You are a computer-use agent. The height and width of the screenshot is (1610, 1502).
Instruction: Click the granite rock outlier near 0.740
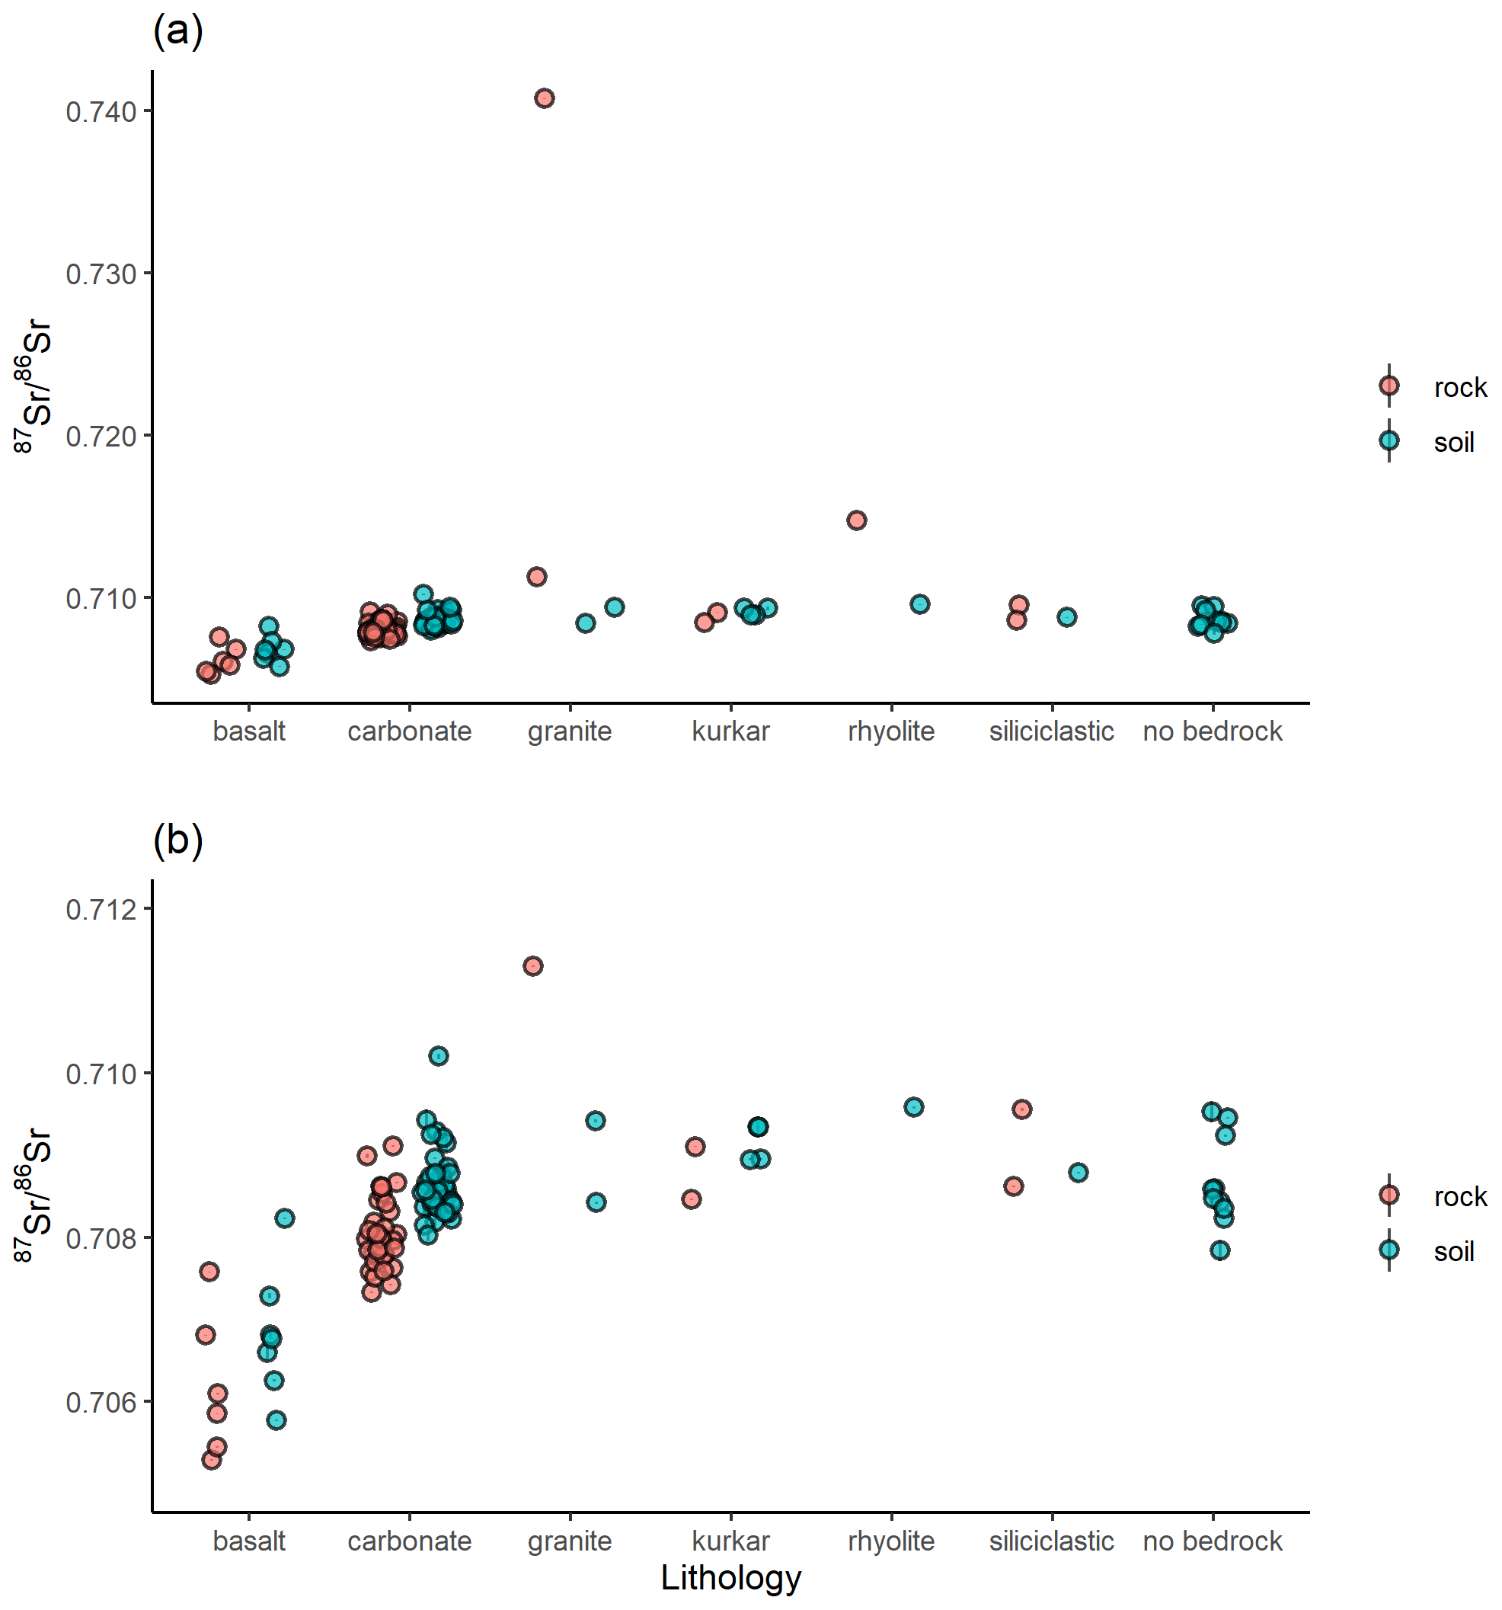pyautogui.click(x=544, y=99)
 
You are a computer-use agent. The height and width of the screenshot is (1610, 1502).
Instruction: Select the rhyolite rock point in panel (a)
pyautogui.click(x=857, y=520)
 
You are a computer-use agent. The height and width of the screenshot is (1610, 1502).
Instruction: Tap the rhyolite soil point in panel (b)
pyautogui.click(x=913, y=1107)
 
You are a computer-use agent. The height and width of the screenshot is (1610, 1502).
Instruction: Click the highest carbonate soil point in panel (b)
pyautogui.click(x=438, y=1056)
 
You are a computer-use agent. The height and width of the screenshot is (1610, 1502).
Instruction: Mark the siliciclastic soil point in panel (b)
pyautogui.click(x=1078, y=1173)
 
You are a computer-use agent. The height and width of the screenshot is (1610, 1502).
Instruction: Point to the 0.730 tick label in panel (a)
pyautogui.click(x=101, y=274)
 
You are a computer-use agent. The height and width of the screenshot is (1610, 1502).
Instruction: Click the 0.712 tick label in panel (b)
pyautogui.click(x=101, y=910)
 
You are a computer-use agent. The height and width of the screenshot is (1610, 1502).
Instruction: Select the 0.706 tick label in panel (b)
pyautogui.click(x=101, y=1403)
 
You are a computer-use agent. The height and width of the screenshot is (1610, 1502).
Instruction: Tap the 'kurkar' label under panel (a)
pyautogui.click(x=730, y=731)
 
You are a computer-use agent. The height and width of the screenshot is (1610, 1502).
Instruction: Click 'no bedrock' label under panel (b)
pyautogui.click(x=1212, y=1541)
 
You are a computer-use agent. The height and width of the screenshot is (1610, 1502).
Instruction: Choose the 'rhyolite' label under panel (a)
pyautogui.click(x=890, y=731)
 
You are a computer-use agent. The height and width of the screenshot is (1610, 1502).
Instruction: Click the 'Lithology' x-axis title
pyautogui.click(x=730, y=1577)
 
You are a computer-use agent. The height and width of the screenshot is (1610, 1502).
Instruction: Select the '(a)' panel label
pyautogui.click(x=177, y=30)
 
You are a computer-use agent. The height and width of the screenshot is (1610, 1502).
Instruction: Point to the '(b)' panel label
pyautogui.click(x=177, y=840)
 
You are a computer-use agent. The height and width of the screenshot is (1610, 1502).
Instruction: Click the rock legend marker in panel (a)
pyautogui.click(x=1389, y=386)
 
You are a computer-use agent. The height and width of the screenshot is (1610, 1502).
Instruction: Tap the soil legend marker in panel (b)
pyautogui.click(x=1389, y=1250)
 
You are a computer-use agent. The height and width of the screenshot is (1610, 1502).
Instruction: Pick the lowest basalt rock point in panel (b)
pyautogui.click(x=211, y=1459)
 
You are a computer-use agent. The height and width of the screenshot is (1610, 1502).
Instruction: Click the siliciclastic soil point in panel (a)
pyautogui.click(x=1067, y=617)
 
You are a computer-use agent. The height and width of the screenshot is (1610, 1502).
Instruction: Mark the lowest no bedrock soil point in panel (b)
pyautogui.click(x=1219, y=1250)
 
